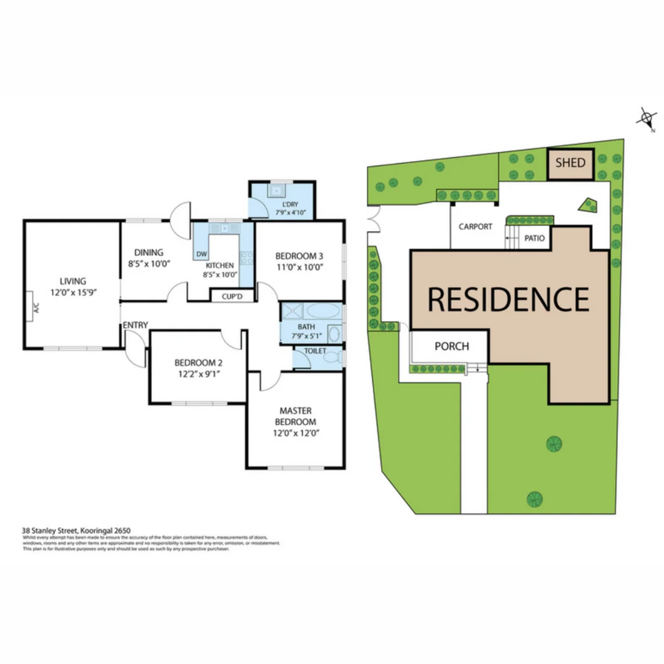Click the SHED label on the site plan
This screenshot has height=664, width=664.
571,164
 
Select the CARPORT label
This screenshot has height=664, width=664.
476,226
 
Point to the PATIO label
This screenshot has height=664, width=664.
534,238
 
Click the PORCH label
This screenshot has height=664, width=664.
452,346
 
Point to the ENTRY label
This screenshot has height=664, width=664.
135,325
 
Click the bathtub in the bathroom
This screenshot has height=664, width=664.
322,310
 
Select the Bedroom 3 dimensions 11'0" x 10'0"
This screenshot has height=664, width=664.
299,267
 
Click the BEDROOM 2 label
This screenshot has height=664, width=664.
197,362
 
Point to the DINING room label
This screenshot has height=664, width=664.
149,252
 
